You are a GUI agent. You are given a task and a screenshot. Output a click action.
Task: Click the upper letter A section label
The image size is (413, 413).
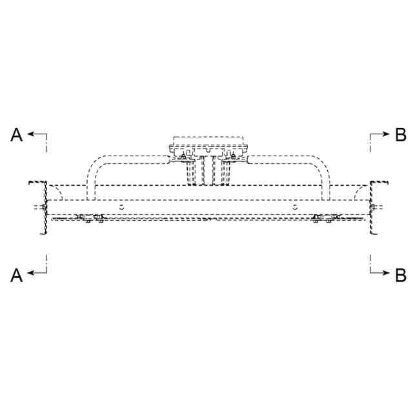tap(16, 135)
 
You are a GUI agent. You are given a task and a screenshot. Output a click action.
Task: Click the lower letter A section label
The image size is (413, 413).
tap(16, 276)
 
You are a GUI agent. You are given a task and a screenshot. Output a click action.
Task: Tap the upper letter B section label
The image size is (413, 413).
tap(401, 135)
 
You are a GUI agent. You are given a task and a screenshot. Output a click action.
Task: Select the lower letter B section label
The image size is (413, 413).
tap(401, 276)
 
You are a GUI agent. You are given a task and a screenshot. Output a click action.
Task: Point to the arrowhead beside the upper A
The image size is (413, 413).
tap(30, 134)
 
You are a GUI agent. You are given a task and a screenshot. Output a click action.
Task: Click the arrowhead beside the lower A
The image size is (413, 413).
tap(30, 272)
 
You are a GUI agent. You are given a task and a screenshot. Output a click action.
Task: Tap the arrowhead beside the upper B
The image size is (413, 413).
tap(386, 134)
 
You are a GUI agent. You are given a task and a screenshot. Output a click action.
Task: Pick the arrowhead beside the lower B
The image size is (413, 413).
tap(386, 272)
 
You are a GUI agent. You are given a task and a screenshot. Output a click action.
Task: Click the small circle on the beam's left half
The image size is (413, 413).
tap(121, 207)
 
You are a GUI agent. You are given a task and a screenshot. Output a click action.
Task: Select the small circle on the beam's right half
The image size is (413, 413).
tap(295, 207)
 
